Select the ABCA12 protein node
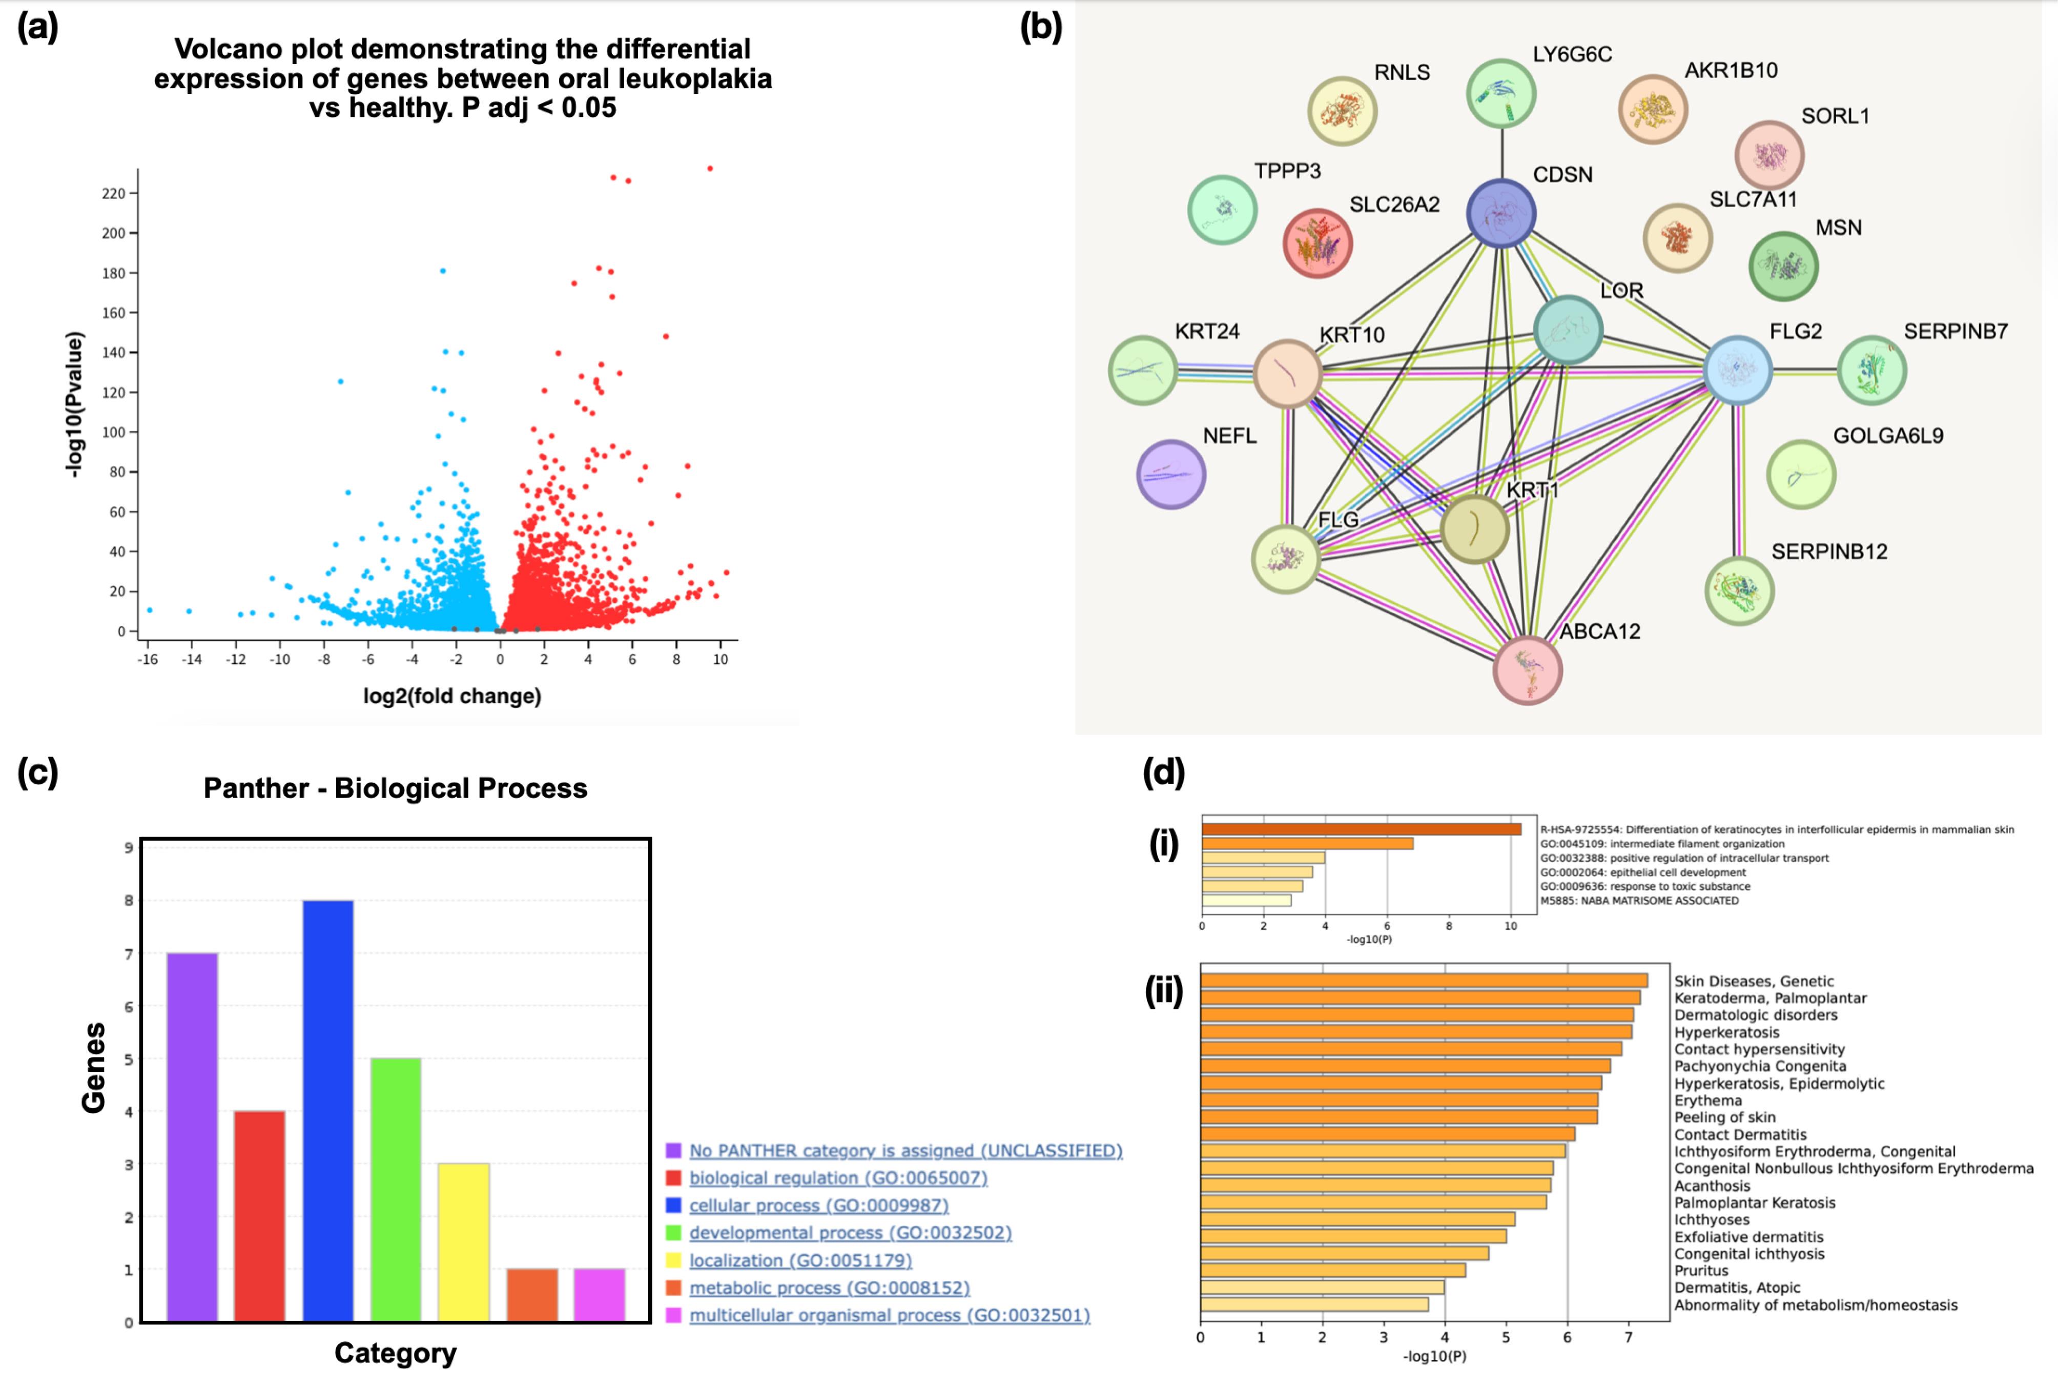tap(1527, 669)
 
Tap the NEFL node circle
tap(1171, 475)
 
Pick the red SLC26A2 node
tap(1318, 243)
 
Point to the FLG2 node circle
tap(1737, 370)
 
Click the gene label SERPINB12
tap(1829, 552)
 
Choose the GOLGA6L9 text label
tap(1888, 436)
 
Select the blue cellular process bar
tap(328, 1111)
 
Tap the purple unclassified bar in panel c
tap(192, 1137)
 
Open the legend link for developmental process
tap(850, 1232)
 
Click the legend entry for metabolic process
tap(829, 1288)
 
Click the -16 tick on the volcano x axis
tap(148, 659)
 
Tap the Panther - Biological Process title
tap(395, 788)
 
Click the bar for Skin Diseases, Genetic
tap(1424, 980)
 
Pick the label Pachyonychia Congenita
tap(1760, 1066)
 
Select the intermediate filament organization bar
tap(1307, 843)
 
